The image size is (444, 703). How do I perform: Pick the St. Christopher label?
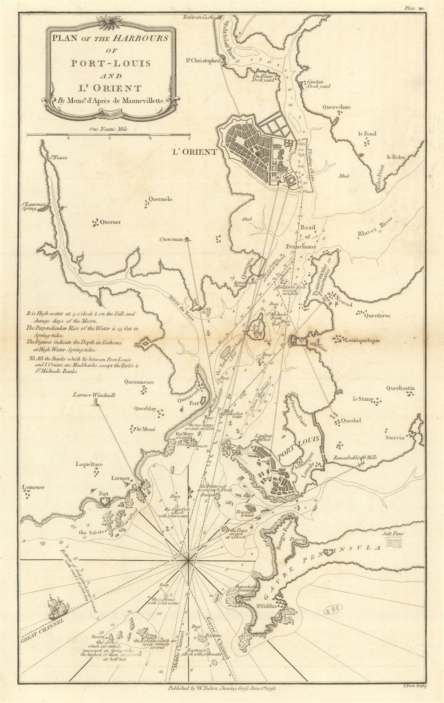(202, 61)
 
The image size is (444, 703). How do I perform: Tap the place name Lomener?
(33, 488)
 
